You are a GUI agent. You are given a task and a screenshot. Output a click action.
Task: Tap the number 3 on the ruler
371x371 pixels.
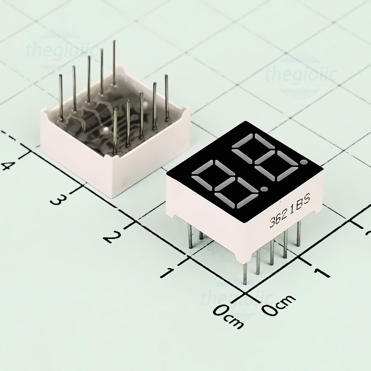coord(57,200)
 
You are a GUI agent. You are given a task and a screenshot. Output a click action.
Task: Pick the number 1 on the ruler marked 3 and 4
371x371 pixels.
coord(168,272)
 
